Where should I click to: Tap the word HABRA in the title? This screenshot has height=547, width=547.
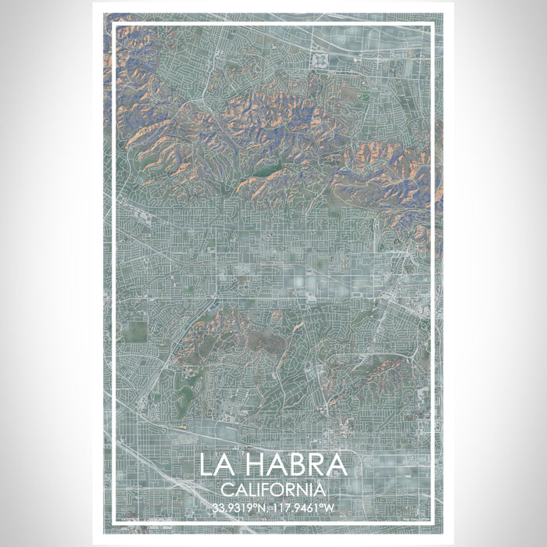298,465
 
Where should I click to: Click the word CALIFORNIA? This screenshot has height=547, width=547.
273,489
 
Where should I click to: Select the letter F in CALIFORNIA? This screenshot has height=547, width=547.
270,489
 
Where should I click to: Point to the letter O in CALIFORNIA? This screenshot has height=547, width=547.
281,489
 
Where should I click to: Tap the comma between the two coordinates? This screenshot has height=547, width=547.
268,509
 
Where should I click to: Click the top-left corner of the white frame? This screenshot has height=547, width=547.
115,25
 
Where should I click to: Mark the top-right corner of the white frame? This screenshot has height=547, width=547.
432,25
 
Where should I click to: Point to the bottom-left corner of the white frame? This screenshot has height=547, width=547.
115,521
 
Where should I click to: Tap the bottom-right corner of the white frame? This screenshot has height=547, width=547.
432,521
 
